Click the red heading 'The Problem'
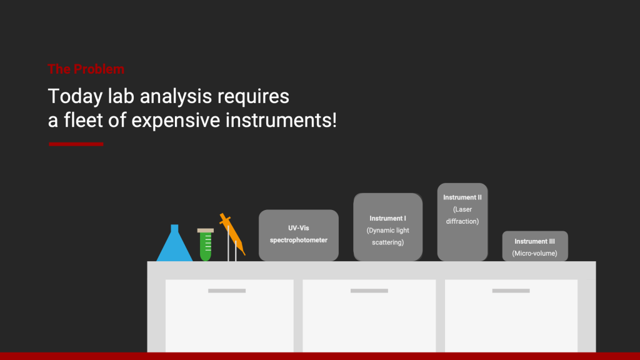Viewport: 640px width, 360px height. [86, 69]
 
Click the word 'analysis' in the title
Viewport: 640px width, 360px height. [176, 97]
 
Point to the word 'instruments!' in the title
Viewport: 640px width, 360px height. [281, 120]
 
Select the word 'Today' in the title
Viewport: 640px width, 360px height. [75, 97]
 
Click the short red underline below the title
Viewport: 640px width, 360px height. [76, 144]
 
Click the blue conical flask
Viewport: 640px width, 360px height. [175, 243]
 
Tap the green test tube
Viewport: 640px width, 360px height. [206, 245]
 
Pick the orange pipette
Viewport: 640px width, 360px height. [232, 235]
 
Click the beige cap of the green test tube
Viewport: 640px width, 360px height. [206, 231]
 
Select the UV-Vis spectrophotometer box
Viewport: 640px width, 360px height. [299, 236]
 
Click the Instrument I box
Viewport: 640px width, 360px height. [387, 227]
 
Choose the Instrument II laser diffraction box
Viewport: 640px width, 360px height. [462, 222]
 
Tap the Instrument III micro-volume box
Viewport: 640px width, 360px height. [535, 246]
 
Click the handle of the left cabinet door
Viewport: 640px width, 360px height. [227, 291]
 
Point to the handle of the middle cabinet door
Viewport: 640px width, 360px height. [369, 291]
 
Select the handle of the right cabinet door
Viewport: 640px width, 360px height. [511, 291]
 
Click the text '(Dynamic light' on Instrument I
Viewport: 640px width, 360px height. [387, 231]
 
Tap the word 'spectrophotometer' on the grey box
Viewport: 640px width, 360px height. [299, 240]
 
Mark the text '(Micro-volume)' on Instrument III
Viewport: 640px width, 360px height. [535, 254]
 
